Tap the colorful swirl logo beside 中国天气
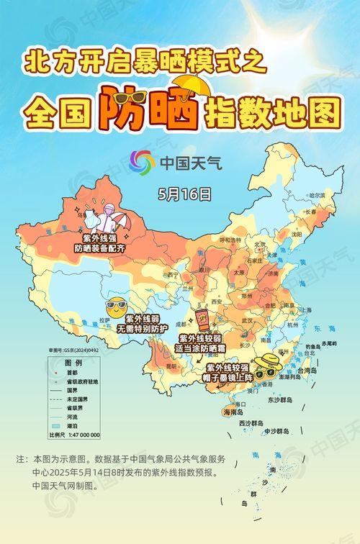click(143, 162)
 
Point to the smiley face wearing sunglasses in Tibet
click(114, 307)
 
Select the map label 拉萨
click(105, 319)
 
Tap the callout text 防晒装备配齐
click(100, 248)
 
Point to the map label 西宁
click(173, 274)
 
